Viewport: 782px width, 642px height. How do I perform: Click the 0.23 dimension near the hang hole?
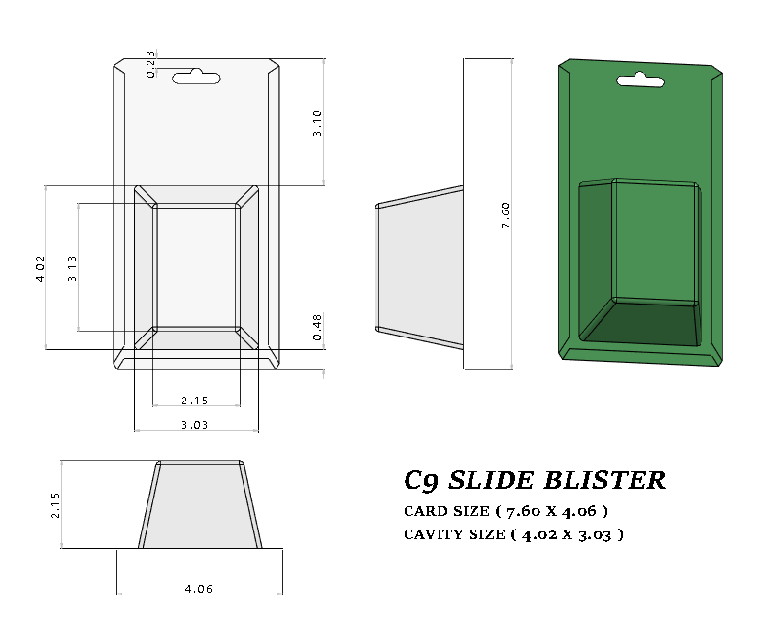pos(151,64)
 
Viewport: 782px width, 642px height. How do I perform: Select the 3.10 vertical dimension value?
pos(317,122)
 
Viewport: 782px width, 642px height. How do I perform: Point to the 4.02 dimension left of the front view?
pos(40,269)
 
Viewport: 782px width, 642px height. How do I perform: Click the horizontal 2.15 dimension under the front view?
pos(196,400)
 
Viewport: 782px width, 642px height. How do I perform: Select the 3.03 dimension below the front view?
pos(196,424)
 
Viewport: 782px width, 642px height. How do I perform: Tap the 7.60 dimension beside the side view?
pos(505,215)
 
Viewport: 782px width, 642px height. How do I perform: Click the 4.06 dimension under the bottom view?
pos(198,588)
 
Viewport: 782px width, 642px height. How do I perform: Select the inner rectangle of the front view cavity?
pos(196,266)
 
